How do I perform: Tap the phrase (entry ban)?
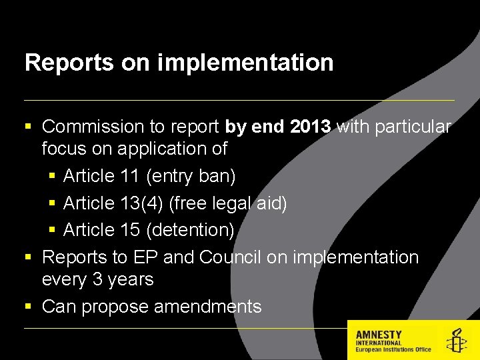point(191,177)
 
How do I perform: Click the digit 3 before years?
point(97,279)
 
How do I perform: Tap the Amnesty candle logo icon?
point(457,340)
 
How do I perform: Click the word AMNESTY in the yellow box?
point(379,335)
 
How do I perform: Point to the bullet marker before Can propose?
point(28,307)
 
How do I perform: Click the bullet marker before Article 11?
point(52,177)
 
